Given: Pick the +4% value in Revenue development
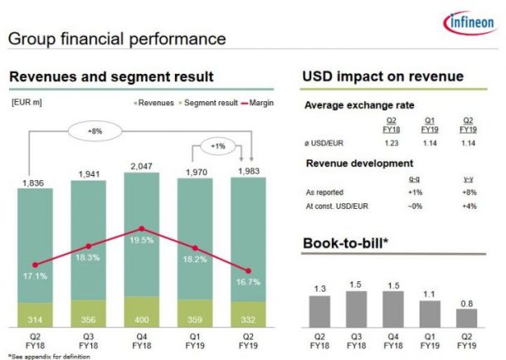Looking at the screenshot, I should click(468, 206).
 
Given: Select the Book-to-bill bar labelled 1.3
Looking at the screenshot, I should click(319, 312).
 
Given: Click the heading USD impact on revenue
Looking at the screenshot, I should click(382, 77).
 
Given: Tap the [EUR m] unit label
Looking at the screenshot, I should click(27, 103).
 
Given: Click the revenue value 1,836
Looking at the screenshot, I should click(35, 182).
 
